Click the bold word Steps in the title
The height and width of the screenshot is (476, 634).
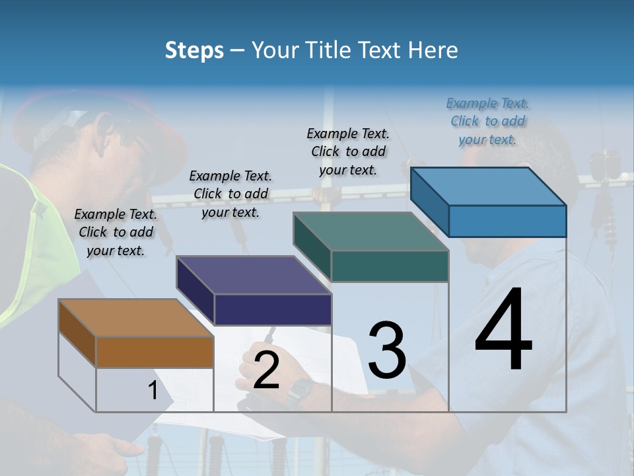click(194, 50)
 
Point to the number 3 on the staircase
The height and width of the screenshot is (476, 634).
click(387, 350)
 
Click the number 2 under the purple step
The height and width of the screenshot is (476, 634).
click(266, 371)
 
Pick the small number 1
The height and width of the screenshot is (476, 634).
click(153, 391)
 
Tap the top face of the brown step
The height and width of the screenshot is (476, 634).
click(136, 318)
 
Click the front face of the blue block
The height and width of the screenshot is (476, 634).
click(507, 221)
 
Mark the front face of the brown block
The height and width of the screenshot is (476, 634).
click(155, 352)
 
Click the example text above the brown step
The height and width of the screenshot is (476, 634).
click(116, 232)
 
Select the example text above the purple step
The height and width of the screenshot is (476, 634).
click(230, 194)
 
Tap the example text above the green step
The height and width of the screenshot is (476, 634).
click(348, 151)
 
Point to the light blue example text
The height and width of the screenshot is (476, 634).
click(488, 121)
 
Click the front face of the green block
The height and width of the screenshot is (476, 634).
click(390, 266)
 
